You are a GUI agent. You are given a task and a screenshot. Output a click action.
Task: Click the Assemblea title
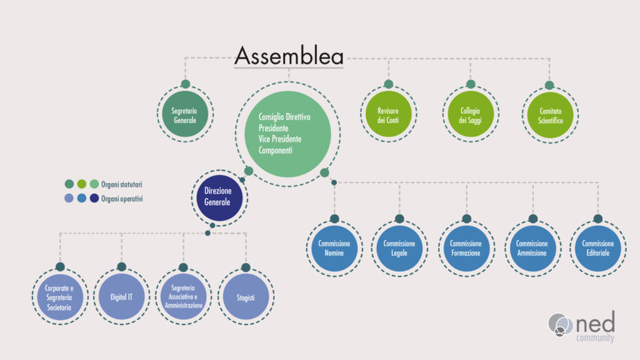pyautogui.click(x=289, y=56)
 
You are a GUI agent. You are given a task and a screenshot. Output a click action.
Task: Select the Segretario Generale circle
pyautogui.click(x=185, y=114)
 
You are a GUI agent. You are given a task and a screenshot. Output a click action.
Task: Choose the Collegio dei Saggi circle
pyautogui.click(x=470, y=114)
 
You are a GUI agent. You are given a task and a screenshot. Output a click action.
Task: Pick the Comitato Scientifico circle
pyautogui.click(x=550, y=115)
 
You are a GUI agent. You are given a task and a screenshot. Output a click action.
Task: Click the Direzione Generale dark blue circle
pyautogui.click(x=219, y=198)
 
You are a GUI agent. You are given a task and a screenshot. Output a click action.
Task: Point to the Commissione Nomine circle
pyautogui.click(x=334, y=248)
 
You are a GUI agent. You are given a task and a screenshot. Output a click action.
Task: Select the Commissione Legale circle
pyautogui.click(x=399, y=248)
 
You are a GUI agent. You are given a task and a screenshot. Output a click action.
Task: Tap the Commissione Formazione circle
pyautogui.click(x=466, y=248)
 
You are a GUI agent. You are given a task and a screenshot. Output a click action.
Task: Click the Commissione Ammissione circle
pyautogui.click(x=532, y=248)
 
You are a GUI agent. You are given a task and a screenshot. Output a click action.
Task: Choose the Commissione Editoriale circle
pyautogui.click(x=598, y=248)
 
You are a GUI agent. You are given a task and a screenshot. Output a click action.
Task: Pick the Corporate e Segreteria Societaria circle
pyautogui.click(x=60, y=297)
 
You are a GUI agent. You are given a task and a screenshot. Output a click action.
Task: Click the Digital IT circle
pyautogui.click(x=122, y=297)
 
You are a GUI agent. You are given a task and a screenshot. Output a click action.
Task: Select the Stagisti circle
pyautogui.click(x=246, y=297)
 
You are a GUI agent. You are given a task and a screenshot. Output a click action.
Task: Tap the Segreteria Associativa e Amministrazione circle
pyautogui.click(x=184, y=297)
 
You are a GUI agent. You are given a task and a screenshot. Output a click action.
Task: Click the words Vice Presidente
pyautogui.click(x=280, y=139)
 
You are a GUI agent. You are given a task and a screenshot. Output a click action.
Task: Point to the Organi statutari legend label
pyautogui.click(x=122, y=184)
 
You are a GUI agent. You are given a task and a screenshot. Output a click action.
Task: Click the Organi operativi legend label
pyautogui.click(x=122, y=199)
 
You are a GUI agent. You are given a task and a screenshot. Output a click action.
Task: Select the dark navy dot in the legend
pyautogui.click(x=94, y=198)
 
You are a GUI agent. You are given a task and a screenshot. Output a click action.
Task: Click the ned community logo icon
pyautogui.click(x=561, y=325)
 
